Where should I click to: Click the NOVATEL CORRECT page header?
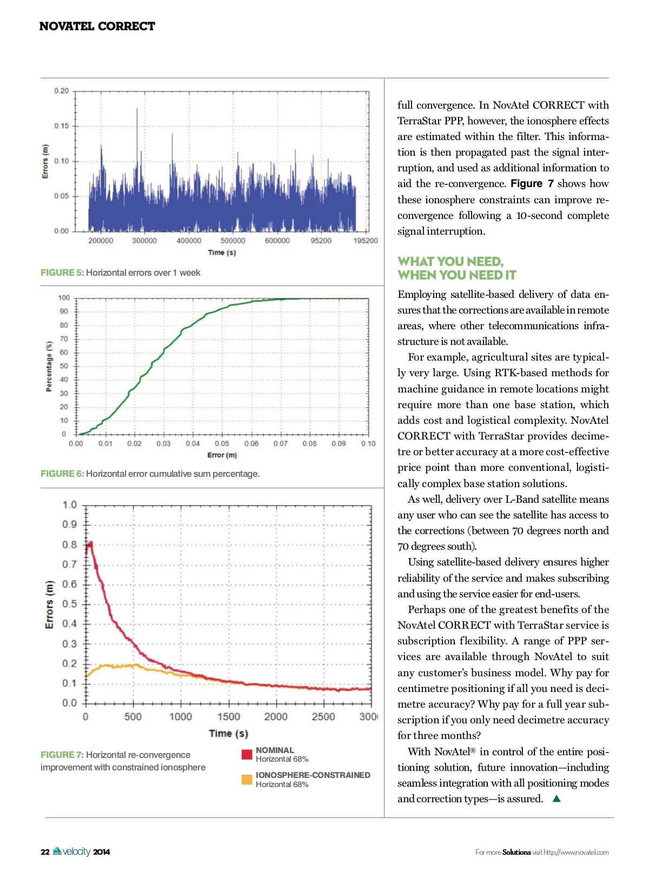[97, 26]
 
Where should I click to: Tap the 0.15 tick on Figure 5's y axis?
[61, 126]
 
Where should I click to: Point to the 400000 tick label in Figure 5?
[189, 241]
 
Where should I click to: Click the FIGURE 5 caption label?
[62, 272]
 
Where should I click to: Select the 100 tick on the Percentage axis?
[64, 298]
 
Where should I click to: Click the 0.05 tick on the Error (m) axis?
[222, 444]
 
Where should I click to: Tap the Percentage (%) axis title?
[49, 367]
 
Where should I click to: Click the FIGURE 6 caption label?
[62, 474]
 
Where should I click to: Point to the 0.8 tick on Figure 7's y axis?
[69, 544]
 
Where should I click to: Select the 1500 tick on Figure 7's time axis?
[228, 717]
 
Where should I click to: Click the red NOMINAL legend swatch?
[247, 755]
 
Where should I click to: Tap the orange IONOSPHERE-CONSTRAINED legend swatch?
[247, 780]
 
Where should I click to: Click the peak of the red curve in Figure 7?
[90, 542]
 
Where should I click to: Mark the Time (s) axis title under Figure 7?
[228, 734]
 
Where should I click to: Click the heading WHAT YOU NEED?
[451, 262]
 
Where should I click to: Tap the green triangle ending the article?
[557, 798]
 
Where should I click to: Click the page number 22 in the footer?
[45, 852]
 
